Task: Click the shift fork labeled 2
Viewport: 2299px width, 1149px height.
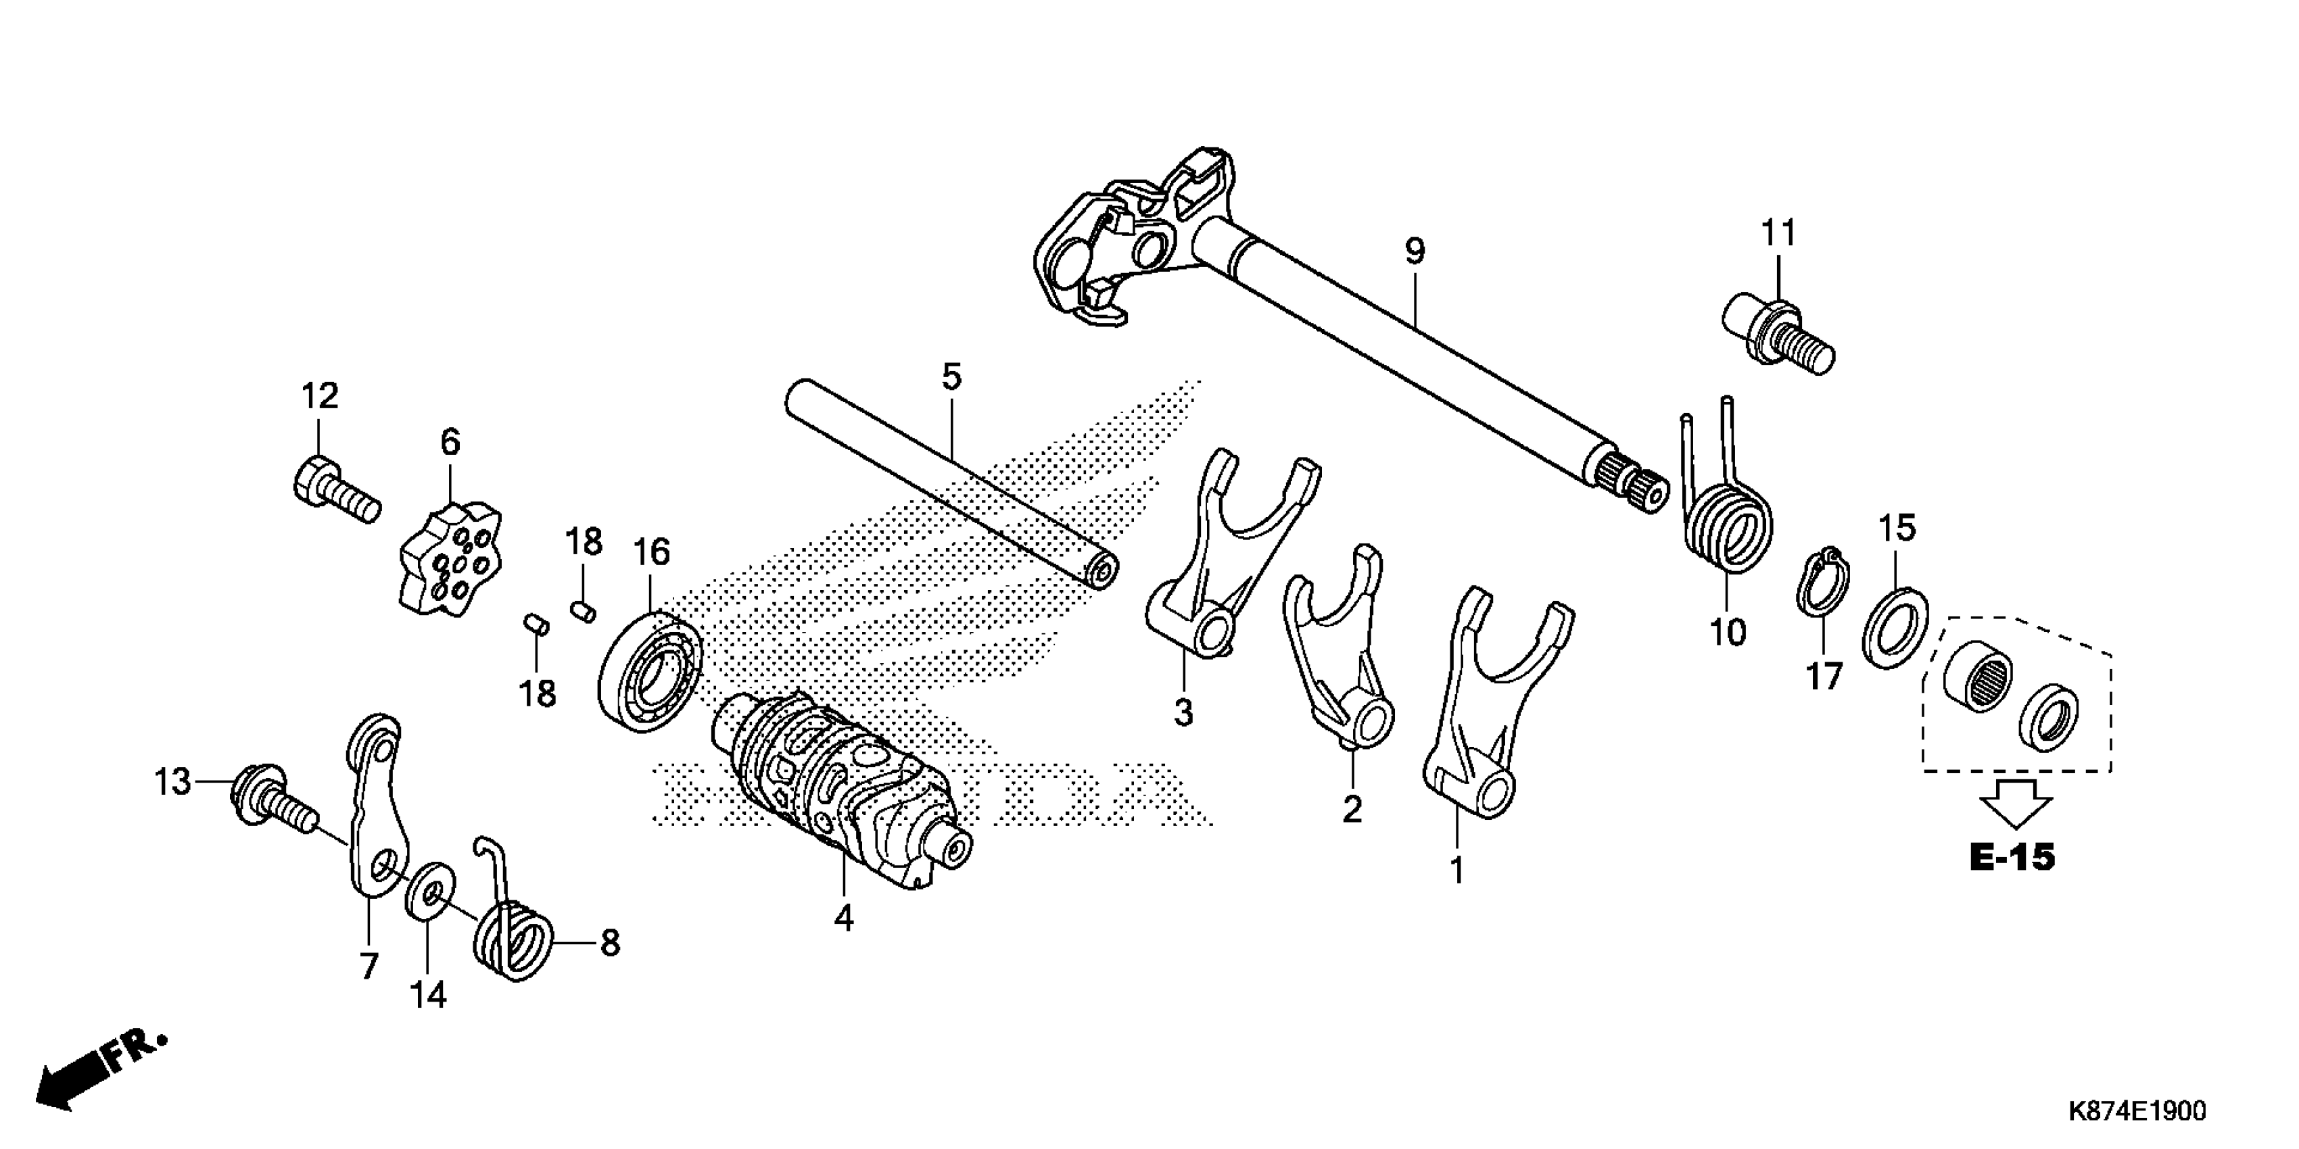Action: (x=1339, y=660)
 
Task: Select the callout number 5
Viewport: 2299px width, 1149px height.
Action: (x=951, y=377)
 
